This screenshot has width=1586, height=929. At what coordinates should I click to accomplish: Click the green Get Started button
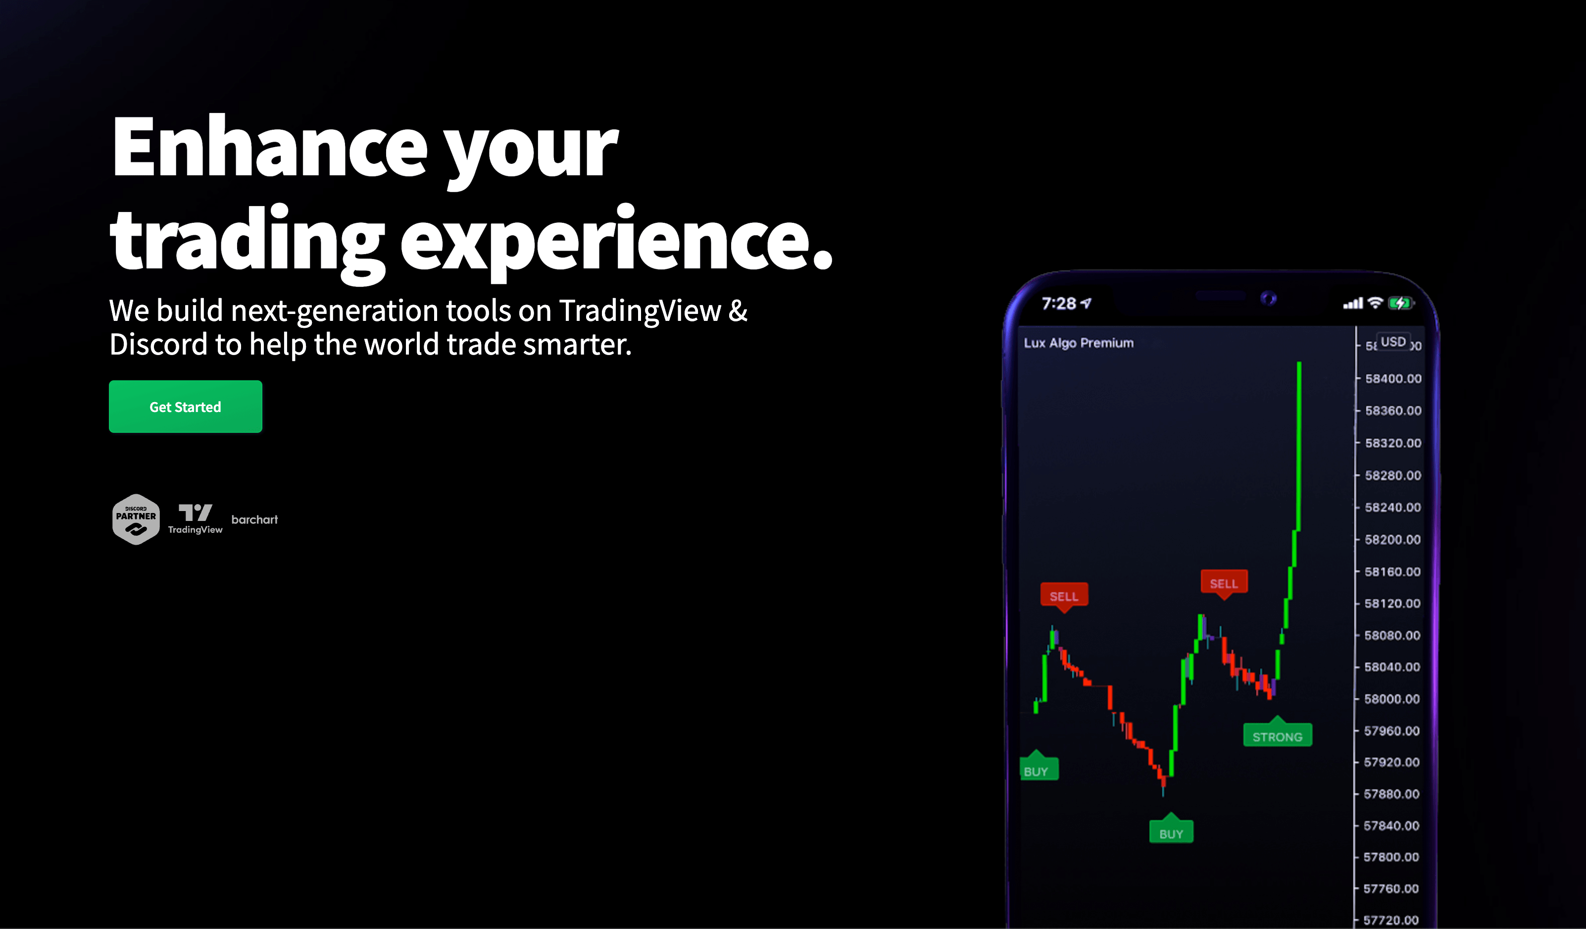tap(186, 407)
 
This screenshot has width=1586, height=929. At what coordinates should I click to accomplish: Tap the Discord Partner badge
tap(136, 519)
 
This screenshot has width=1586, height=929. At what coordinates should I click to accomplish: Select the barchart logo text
tap(254, 519)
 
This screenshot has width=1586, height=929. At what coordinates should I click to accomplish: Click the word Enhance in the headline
tap(270, 147)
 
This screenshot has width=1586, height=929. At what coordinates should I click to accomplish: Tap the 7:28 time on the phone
tap(1059, 304)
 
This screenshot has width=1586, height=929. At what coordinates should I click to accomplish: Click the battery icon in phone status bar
tap(1401, 304)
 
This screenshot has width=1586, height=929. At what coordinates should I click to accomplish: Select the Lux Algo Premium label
tap(1079, 343)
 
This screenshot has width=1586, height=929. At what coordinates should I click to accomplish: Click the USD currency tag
tap(1393, 342)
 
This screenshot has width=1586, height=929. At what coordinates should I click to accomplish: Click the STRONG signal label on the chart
tap(1278, 736)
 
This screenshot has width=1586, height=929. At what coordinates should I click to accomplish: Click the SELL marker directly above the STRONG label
tap(1224, 583)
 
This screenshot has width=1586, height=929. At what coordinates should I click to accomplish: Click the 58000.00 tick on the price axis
tap(1391, 699)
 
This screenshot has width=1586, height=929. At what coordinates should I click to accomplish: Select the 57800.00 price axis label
tap(1391, 857)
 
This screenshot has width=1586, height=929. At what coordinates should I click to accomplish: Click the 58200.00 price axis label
tap(1392, 539)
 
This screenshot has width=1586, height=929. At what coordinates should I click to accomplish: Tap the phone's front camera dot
tap(1269, 298)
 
